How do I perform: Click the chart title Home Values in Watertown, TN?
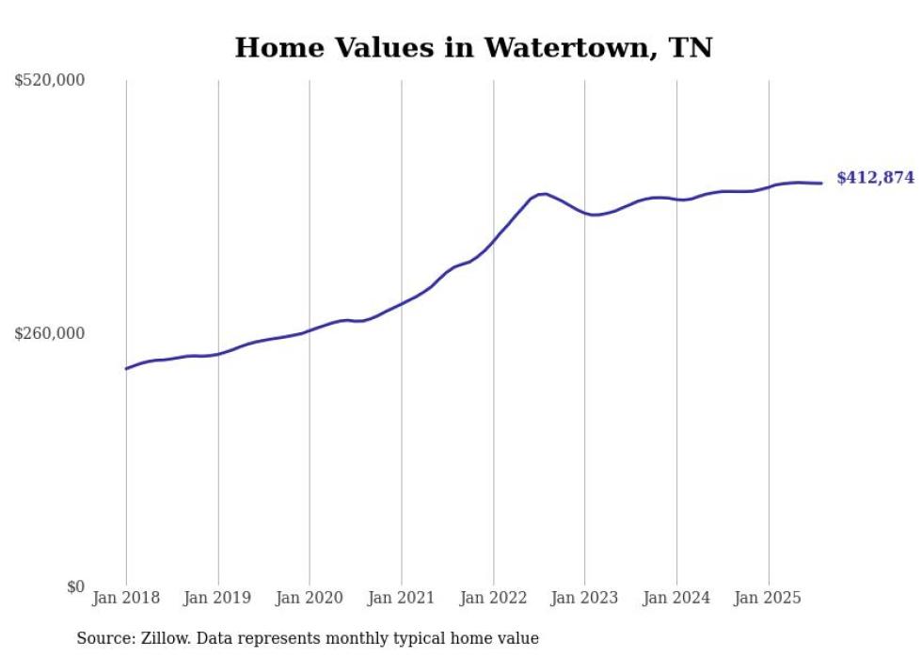473,47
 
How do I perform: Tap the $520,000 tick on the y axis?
50,81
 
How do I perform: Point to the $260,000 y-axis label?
50,333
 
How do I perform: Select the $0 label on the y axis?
75,586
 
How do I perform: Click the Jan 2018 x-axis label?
126,598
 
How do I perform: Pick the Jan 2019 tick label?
218,598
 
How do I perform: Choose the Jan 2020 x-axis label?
310,598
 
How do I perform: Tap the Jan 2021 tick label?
402,598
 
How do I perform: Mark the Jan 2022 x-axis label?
493,598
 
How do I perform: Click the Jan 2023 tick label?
585,598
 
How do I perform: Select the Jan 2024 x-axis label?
676,598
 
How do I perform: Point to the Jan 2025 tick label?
769,598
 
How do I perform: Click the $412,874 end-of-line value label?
875,178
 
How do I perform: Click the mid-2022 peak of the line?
544,194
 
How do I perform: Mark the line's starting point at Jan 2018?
126,368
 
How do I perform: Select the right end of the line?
822,184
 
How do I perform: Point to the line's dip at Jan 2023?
593,215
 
